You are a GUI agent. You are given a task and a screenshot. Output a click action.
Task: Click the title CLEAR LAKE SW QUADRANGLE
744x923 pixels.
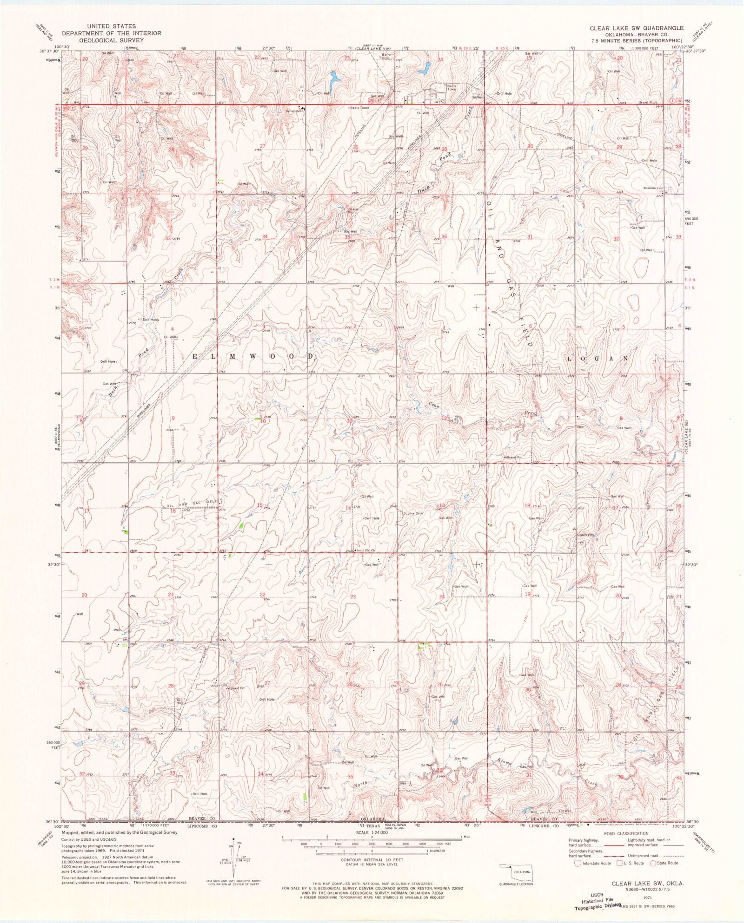tap(637, 28)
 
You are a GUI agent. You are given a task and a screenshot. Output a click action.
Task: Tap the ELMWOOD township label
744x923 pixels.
tap(253, 356)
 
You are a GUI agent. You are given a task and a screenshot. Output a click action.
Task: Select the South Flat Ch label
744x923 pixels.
tap(365, 551)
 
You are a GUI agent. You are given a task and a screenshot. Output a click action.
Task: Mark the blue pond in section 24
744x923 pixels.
tap(424, 68)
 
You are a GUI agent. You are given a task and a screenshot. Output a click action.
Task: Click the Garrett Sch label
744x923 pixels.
tap(294, 111)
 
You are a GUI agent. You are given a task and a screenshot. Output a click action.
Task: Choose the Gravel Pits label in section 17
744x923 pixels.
tap(586, 535)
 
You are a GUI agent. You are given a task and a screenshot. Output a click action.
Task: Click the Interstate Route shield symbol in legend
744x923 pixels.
tap(578, 863)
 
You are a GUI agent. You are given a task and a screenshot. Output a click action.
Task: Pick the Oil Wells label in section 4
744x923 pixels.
tap(171, 337)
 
